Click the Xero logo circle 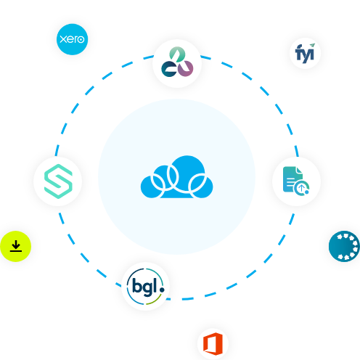pos(72,39)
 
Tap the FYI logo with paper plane pos(305,53)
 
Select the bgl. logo pos(145,286)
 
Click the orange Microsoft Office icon pos(213,344)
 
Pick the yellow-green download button pos(16,246)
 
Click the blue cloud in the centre pos(177,177)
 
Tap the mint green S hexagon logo pos(58,181)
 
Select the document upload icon pos(296,181)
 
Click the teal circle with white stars pos(344,246)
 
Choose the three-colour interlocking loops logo pos(177,62)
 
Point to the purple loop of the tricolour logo pos(186,68)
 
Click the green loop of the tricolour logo pos(177,54)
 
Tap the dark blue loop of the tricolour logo pos(169,69)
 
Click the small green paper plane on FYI pos(312,45)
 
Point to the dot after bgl pos(162,289)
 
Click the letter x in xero pos(63,39)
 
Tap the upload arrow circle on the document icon pos(301,187)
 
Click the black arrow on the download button pos(16,245)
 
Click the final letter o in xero pos(81,39)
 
